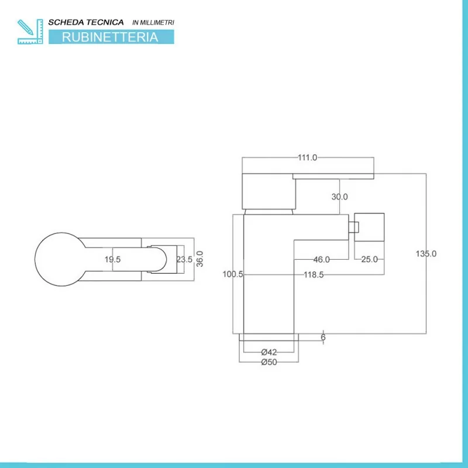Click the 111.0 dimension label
click(x=307, y=158)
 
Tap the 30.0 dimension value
click(x=339, y=197)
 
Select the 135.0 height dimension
click(x=426, y=253)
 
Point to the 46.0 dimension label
click(x=322, y=259)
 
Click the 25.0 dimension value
click(x=369, y=259)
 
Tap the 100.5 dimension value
click(x=233, y=274)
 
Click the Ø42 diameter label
click(x=269, y=352)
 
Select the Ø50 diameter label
click(x=269, y=362)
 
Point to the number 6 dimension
click(x=323, y=337)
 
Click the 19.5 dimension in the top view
click(x=112, y=260)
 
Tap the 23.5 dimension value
click(x=184, y=260)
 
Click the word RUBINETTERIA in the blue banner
click(x=110, y=37)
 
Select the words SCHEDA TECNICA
click(x=85, y=22)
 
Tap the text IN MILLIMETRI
click(x=154, y=22)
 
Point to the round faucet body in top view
click(x=58, y=259)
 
